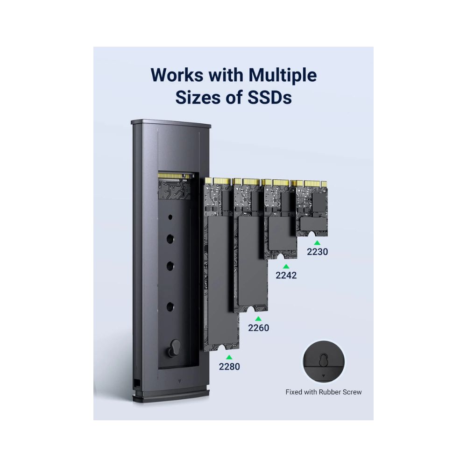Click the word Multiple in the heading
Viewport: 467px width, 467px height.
tap(283, 75)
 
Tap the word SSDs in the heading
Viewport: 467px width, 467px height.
tap(269, 97)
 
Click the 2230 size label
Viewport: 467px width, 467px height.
tap(317, 252)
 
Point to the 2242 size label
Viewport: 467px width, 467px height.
tap(286, 275)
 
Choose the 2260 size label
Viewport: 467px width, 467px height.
tap(259, 328)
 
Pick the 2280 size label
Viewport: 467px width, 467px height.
tap(229, 366)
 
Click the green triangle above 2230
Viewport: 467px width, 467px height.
tap(317, 243)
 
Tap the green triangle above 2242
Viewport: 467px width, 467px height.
tap(286, 266)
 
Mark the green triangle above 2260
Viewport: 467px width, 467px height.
tap(259, 318)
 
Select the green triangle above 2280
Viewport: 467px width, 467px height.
tap(229, 357)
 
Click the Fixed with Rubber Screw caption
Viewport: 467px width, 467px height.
tap(324, 392)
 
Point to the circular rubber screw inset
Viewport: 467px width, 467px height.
tap(324, 361)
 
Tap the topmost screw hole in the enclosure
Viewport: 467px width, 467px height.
tap(170, 217)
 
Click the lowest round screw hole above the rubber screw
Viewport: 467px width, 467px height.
tap(170, 306)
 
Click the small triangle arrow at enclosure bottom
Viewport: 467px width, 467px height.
tap(180, 381)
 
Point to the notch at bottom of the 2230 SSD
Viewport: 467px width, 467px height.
tap(311, 235)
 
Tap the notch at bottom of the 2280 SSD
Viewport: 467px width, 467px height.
tap(221, 348)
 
